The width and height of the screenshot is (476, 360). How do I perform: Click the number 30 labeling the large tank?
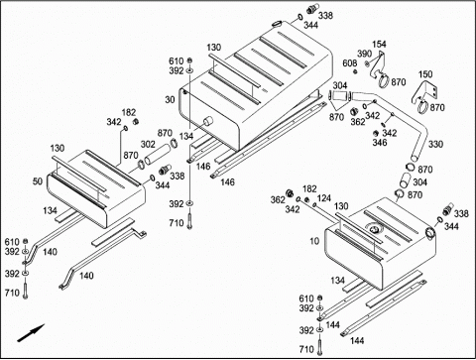coord(170,99)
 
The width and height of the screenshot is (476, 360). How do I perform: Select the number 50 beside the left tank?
coord(38,181)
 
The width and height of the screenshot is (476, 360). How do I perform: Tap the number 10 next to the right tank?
coord(314,241)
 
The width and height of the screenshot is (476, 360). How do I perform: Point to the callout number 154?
coord(379,44)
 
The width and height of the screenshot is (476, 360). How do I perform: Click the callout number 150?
coord(425,73)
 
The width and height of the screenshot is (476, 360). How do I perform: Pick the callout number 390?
coord(364,54)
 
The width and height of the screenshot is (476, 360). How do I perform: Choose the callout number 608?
coord(350,63)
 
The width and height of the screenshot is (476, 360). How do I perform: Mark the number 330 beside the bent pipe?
coord(435,144)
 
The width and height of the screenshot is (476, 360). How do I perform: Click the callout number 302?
coord(148,144)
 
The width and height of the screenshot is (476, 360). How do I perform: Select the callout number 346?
coord(380,143)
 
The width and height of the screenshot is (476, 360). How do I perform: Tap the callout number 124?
coord(324,198)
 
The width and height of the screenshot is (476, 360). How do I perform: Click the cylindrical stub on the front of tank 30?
coord(208,121)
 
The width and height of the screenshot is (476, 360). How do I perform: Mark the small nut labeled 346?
coord(376,133)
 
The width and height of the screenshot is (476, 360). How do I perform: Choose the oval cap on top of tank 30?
coord(277,23)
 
